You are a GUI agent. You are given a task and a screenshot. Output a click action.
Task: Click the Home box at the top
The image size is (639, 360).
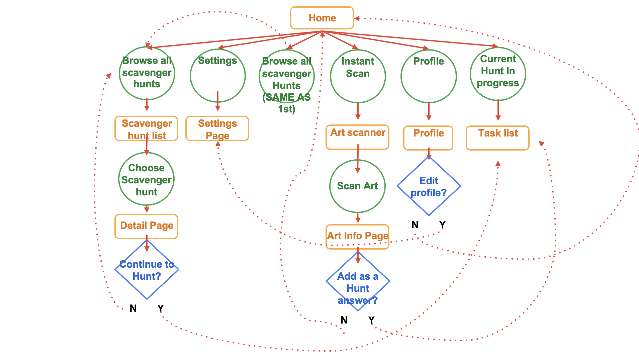[x=322, y=18]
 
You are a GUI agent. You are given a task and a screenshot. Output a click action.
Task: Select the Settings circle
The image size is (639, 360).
[x=217, y=76]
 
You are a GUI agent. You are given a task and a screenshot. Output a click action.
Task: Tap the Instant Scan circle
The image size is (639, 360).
[x=358, y=76]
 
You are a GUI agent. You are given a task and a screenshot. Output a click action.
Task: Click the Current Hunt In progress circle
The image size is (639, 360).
[x=498, y=74]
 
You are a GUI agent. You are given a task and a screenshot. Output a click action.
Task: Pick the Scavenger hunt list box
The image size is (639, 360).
[x=147, y=129]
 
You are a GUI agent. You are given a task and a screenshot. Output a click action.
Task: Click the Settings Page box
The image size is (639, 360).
[x=217, y=129]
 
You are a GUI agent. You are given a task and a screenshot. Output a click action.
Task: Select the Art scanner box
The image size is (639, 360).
[x=358, y=137]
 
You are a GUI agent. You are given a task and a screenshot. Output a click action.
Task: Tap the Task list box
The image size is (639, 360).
[x=497, y=138]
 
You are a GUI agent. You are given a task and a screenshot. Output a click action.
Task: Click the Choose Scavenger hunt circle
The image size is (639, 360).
[x=146, y=179]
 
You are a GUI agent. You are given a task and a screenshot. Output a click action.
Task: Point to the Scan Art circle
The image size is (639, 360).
[x=357, y=186]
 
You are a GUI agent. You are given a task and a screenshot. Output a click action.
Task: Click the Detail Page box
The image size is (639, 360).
[x=147, y=227]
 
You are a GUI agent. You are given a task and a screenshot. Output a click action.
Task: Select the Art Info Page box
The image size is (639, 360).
[x=358, y=237]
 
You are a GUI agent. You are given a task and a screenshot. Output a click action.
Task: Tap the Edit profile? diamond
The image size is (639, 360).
[x=429, y=186]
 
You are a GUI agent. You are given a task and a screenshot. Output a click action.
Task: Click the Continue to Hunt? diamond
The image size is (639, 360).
[x=147, y=270]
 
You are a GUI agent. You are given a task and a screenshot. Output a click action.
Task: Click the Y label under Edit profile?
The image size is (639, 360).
[x=442, y=224]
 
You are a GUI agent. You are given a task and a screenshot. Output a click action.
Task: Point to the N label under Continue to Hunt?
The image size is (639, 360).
[x=133, y=308]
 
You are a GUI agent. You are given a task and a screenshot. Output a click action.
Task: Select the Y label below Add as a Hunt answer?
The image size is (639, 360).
[x=371, y=320]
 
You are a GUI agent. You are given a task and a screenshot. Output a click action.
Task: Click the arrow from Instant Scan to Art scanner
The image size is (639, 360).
[x=358, y=111]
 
